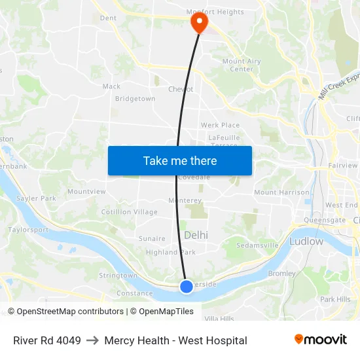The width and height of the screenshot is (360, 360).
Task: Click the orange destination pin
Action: tap(199, 23)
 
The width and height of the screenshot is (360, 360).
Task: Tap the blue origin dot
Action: tap(187, 286)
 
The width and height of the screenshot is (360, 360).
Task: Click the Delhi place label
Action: tap(196, 235)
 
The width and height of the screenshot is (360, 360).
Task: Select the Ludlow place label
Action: tap(306, 242)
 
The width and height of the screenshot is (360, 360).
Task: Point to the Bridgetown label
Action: tap(135, 99)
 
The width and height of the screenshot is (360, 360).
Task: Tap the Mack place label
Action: tap(111, 86)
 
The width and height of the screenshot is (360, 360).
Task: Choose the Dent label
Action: tap(108, 18)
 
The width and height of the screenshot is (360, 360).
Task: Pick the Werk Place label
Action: tap(220, 125)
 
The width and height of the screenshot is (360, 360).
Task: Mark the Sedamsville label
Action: tap(257, 245)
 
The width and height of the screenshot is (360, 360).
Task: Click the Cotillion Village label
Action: tap(129, 212)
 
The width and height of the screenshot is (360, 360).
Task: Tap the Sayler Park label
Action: tap(36, 198)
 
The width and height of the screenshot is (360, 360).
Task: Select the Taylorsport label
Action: tap(28, 230)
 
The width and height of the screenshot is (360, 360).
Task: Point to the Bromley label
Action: tap(281, 274)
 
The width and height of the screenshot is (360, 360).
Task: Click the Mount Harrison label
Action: tap(281, 192)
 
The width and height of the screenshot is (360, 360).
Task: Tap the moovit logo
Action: tap(320, 340)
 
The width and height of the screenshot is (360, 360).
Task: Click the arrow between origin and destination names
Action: tap(92, 340)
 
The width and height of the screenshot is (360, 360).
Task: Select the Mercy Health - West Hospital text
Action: tap(175, 340)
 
